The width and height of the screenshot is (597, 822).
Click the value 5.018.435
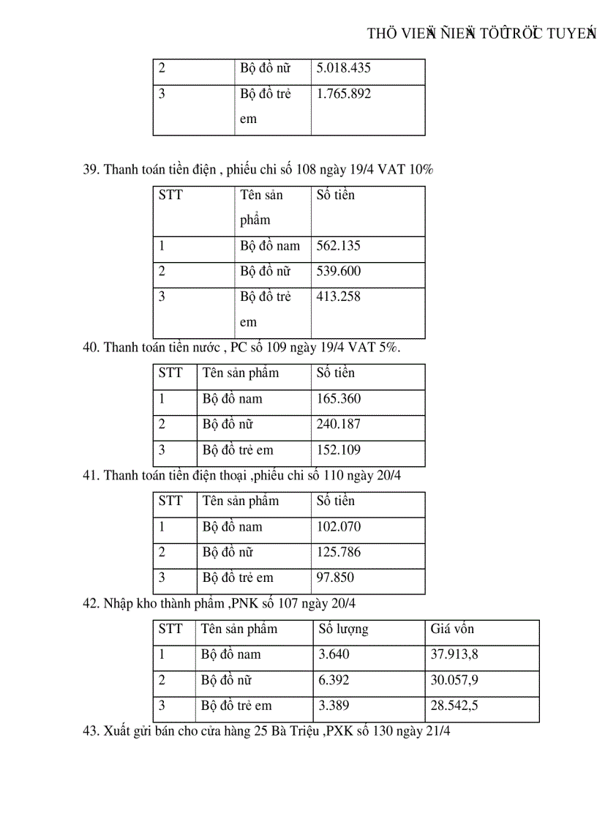344,68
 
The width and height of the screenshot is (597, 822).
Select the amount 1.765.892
344,94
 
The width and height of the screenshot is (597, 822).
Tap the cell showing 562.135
339,246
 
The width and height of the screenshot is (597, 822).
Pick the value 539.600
339,272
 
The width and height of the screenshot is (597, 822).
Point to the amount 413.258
339,297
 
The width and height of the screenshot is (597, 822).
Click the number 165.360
339,399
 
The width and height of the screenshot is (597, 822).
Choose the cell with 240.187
339,425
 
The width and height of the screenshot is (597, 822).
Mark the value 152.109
339,450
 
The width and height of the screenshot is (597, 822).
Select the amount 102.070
339,527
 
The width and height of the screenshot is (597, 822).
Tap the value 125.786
339,553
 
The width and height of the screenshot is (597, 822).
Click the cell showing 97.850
335,578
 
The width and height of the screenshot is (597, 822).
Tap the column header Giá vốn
452,629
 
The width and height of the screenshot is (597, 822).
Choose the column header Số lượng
343,629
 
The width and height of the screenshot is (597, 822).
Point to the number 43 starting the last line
91,731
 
